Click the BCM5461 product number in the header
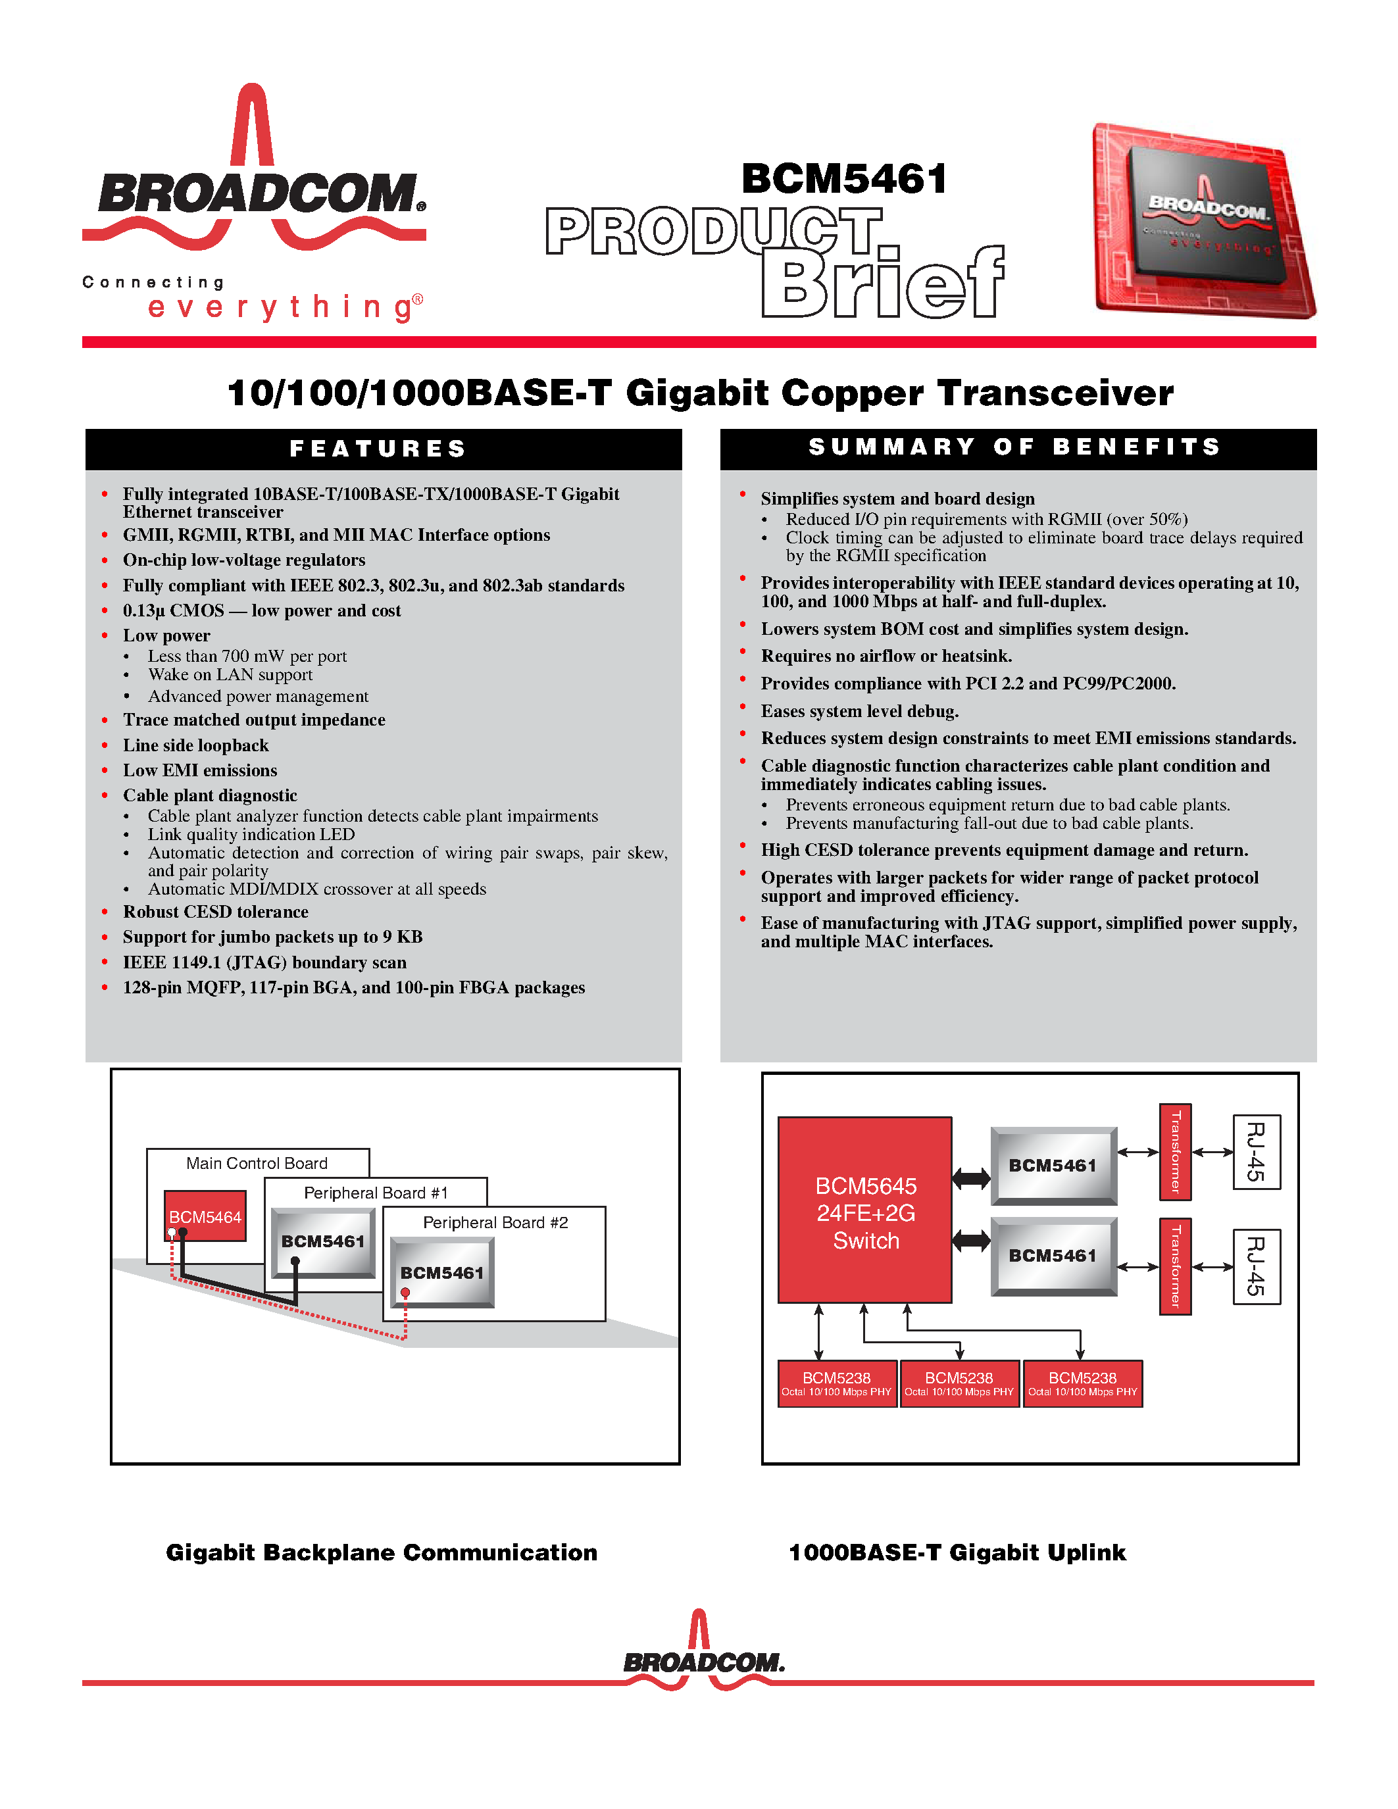point(844,179)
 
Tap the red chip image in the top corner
point(1205,221)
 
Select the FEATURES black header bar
point(383,449)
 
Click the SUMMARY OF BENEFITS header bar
point(1017,448)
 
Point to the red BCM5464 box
point(205,1216)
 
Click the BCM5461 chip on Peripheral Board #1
point(323,1241)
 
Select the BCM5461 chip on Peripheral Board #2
point(442,1272)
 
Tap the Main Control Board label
point(257,1163)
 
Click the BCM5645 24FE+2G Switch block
point(864,1211)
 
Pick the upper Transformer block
point(1175,1151)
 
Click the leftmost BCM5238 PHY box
point(836,1383)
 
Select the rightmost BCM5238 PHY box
point(1082,1383)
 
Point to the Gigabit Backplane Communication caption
point(382,1552)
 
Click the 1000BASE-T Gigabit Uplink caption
point(957,1552)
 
